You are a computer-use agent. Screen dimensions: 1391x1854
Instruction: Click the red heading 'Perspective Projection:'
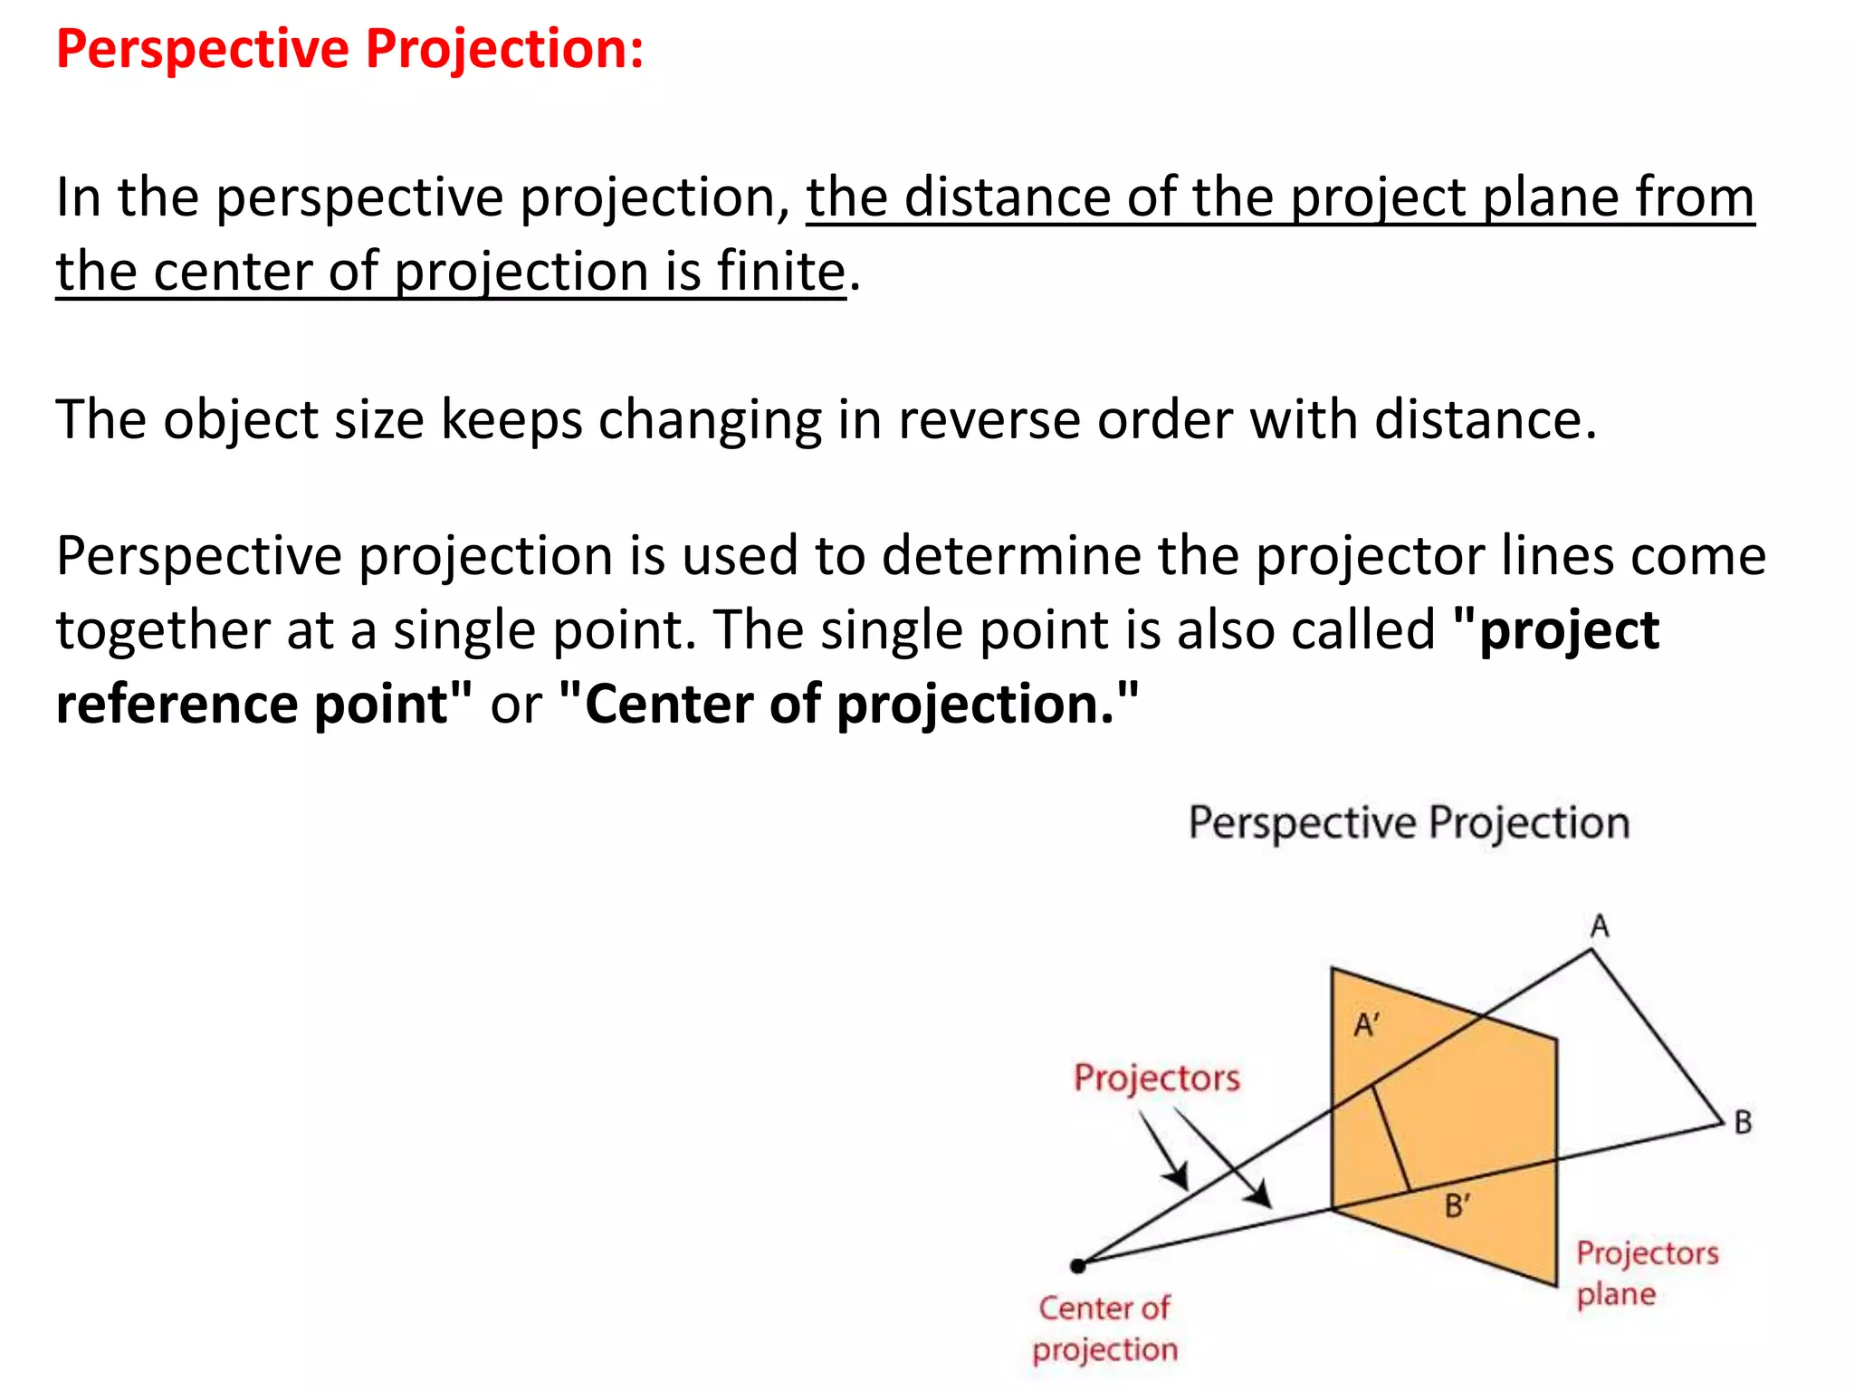point(349,49)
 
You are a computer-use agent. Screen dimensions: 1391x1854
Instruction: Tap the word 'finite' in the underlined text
point(780,271)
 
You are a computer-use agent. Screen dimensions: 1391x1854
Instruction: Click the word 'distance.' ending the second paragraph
point(1485,420)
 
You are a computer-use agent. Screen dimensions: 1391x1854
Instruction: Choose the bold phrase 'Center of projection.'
point(849,705)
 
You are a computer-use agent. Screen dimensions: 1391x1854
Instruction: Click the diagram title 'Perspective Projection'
point(1409,823)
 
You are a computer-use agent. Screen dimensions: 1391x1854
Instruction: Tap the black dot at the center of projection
point(1077,1266)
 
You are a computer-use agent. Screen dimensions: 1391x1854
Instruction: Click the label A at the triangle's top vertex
point(1600,926)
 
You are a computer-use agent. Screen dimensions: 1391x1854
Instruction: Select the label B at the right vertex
point(1743,1123)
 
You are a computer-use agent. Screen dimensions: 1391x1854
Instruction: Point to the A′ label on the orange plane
point(1366,1026)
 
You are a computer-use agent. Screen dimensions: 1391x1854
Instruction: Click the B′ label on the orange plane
point(1457,1206)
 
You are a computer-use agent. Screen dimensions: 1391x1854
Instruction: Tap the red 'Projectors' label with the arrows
point(1156,1079)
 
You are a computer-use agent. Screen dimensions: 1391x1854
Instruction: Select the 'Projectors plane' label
point(1646,1273)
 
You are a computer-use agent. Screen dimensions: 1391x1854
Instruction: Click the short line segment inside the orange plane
point(1391,1138)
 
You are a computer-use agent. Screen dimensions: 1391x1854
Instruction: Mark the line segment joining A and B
point(1657,1037)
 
